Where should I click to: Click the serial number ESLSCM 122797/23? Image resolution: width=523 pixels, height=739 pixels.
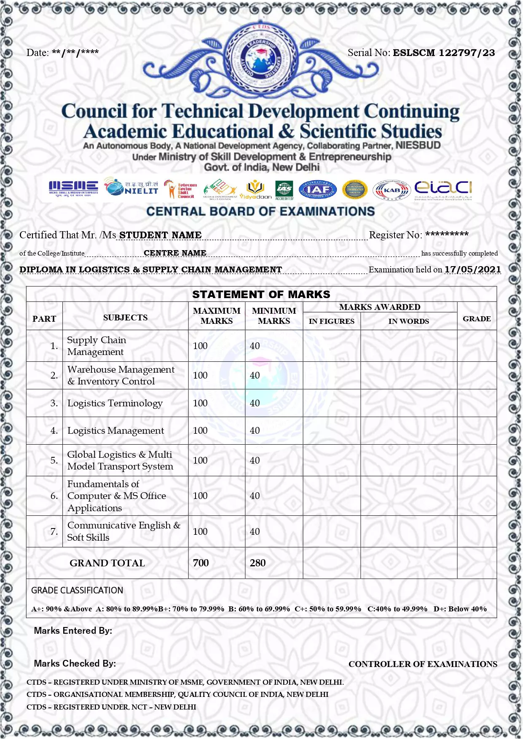pos(444,53)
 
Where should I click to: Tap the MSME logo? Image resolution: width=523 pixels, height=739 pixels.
pos(73,188)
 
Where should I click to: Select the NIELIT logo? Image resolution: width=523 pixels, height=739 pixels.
pos(132,188)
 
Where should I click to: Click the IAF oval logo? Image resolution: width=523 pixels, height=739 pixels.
pos(318,190)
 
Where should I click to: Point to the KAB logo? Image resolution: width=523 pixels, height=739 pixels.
pos(392,190)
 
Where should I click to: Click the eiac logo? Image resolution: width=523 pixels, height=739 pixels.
pos(443,189)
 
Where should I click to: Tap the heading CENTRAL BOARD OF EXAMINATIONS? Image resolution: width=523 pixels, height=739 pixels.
pos(260,211)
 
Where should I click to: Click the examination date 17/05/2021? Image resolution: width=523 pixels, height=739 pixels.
pos(472,269)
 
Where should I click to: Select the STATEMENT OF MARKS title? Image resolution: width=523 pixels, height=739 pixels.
pos(261,294)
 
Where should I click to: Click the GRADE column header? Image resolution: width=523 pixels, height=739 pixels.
pos(477,319)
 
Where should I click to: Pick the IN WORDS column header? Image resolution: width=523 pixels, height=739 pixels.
pos(408,321)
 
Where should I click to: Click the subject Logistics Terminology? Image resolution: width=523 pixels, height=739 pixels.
pos(115,403)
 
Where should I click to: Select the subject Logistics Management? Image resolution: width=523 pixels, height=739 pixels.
pos(115,431)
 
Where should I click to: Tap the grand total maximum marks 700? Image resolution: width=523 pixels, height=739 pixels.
pos(201,563)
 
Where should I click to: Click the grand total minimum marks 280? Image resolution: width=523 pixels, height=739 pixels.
pos(257,563)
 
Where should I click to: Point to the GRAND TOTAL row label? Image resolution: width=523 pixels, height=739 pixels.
pos(107,563)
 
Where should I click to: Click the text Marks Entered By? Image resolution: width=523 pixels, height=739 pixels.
pos(73,631)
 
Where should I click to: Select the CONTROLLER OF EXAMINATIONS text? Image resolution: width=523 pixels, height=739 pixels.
pos(423,664)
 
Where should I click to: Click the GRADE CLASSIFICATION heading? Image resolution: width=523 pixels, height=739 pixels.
pos(77,590)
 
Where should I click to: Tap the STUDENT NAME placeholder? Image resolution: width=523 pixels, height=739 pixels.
pos(160,235)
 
